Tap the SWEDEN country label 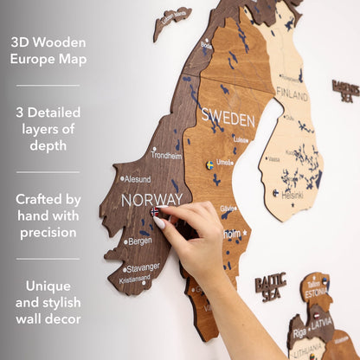228,118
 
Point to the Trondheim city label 166,156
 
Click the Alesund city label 138,179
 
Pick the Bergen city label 139,241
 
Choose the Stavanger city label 144,267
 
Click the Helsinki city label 292,195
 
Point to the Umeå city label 225,162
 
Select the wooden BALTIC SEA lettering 270,286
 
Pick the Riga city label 299,331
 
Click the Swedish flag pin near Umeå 209,164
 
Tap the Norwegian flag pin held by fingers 155,211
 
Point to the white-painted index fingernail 160,222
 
